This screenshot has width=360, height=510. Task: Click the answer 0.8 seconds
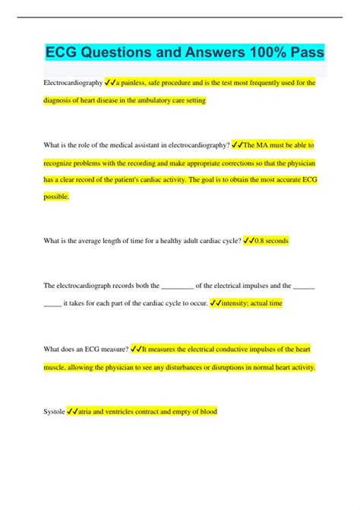pos(271,241)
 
